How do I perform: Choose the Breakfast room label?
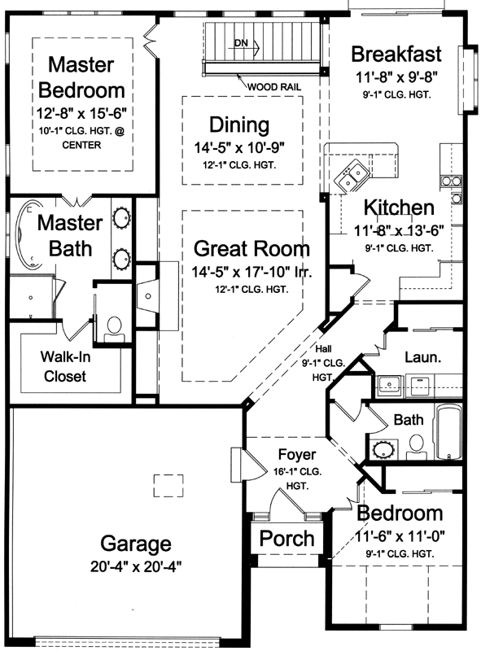(x=396, y=55)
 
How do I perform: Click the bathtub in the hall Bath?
(x=448, y=432)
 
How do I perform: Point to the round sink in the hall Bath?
(x=382, y=448)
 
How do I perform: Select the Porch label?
(x=286, y=538)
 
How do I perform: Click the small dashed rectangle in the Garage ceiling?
(x=168, y=484)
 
